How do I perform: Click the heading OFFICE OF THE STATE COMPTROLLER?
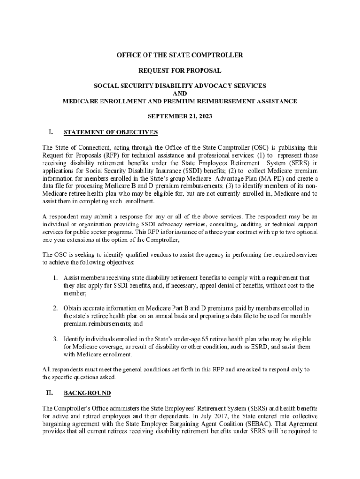point(180,55)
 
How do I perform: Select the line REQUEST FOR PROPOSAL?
point(180,71)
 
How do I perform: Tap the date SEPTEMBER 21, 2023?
point(180,116)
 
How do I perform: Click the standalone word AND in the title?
point(180,94)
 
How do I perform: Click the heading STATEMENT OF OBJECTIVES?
point(110,132)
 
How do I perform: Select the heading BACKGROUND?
point(87,393)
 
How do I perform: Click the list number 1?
point(55,278)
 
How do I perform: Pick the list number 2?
point(55,308)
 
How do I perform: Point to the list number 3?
point(55,339)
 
